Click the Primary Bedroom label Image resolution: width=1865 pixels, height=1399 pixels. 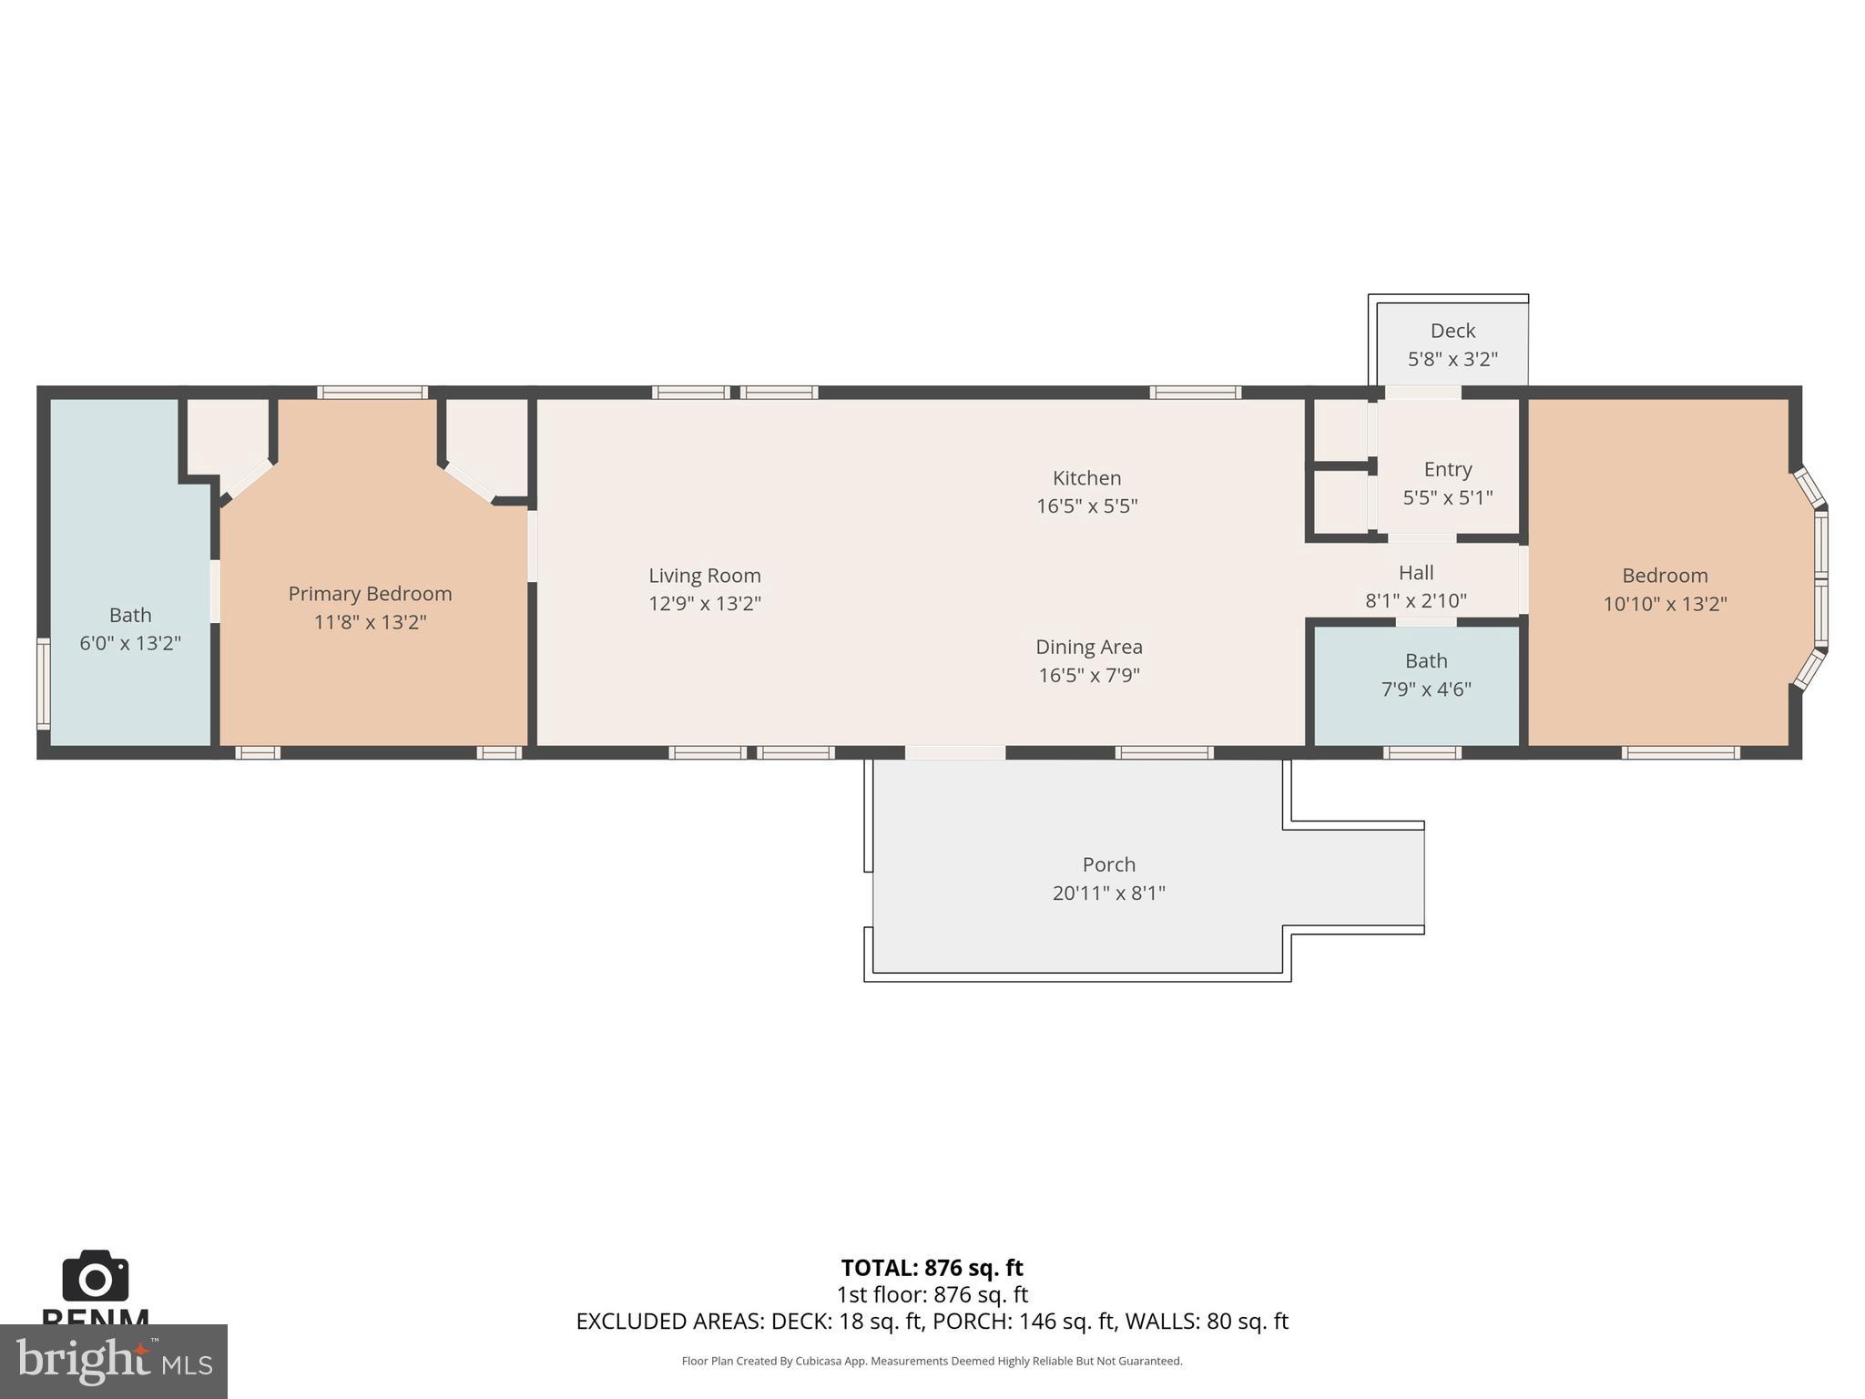[370, 594]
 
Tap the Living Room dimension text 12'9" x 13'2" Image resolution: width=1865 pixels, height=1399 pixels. [704, 604]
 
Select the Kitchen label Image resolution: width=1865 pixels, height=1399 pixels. [1086, 478]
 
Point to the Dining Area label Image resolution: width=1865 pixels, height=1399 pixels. [1088, 647]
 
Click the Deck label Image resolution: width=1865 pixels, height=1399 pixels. [1452, 331]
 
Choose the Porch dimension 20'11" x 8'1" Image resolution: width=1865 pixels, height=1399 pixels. [1108, 894]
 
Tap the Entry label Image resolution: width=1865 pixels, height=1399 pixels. [1447, 469]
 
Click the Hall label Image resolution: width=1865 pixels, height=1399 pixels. [1415, 573]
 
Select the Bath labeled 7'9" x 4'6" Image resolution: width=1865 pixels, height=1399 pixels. [1425, 661]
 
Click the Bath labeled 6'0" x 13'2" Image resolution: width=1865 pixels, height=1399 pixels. [130, 616]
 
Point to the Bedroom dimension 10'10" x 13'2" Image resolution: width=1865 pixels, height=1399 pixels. [1664, 604]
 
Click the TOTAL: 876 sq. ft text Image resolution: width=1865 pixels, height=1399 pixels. [932, 1268]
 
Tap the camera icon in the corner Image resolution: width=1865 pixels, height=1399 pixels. [95, 1277]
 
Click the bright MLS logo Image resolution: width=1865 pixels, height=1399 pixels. [113, 1361]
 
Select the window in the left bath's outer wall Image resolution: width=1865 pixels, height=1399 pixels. [43, 683]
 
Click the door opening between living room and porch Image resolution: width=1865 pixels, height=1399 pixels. [954, 752]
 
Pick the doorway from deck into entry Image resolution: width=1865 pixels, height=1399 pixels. [1422, 393]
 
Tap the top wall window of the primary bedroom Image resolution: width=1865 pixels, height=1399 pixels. [372, 393]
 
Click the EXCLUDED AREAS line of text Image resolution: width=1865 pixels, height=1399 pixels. [932, 1322]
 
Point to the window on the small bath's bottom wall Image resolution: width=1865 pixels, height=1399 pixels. [1422, 752]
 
